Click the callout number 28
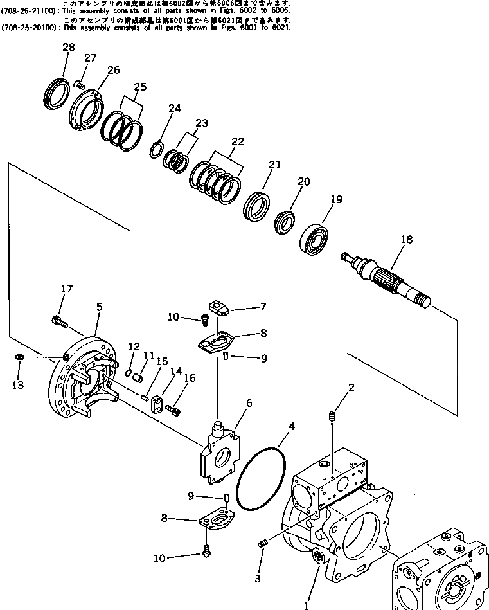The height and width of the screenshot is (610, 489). pos(69,48)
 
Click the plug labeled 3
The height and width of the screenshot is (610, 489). pos(263,545)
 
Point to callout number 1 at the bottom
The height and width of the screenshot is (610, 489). pos(306,604)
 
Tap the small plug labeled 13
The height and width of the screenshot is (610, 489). pos(20,357)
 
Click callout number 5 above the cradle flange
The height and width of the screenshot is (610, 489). pos(99,307)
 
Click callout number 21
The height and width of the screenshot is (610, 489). pos(275,165)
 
